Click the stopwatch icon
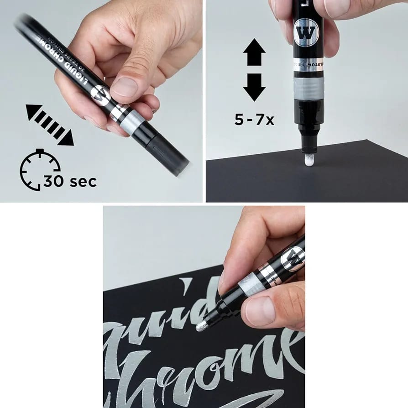click(40, 170)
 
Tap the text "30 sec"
click(70, 181)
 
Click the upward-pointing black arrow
click(254, 52)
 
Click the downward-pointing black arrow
click(254, 87)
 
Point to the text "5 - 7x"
click(254, 120)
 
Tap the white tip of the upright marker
click(309, 160)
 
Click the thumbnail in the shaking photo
click(125, 87)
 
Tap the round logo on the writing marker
click(293, 259)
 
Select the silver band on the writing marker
click(251, 285)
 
